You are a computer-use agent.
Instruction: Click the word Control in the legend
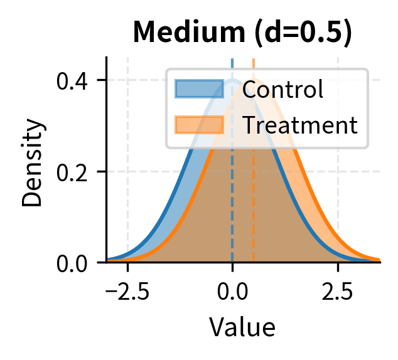tap(282, 90)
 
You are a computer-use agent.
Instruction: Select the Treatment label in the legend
tap(299, 125)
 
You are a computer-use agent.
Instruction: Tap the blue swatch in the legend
tap(199, 90)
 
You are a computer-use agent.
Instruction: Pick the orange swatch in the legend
tap(199, 125)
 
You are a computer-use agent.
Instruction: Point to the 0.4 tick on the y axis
tap(72, 80)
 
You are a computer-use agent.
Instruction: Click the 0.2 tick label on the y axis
tap(72, 171)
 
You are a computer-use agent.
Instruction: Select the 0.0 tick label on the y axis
tap(72, 262)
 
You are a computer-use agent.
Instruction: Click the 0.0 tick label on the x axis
tap(232, 291)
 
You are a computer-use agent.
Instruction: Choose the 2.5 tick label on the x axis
tap(338, 291)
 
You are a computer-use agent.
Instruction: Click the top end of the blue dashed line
tap(232, 60)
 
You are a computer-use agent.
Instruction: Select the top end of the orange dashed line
tap(253, 60)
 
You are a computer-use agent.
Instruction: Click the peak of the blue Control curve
tap(232, 80)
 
